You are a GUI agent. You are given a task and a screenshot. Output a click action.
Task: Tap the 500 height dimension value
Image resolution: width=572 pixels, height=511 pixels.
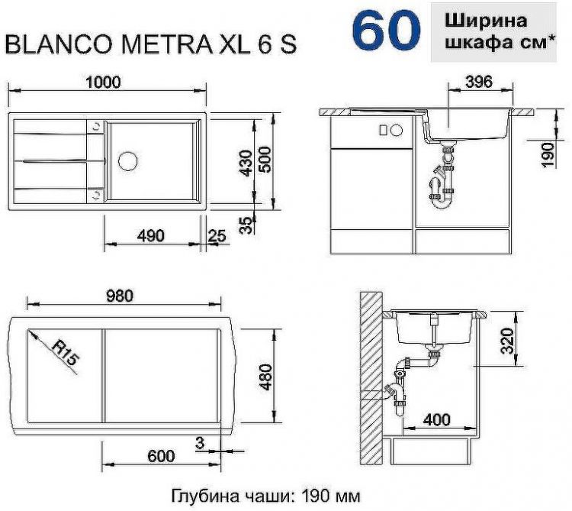click(265, 161)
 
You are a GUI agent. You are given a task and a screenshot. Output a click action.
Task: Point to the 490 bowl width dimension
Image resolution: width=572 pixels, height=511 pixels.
click(151, 236)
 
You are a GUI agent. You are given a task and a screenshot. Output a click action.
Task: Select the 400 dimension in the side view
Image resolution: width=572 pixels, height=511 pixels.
click(436, 420)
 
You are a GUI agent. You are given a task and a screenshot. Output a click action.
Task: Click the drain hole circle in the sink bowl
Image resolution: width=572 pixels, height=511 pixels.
click(128, 161)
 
